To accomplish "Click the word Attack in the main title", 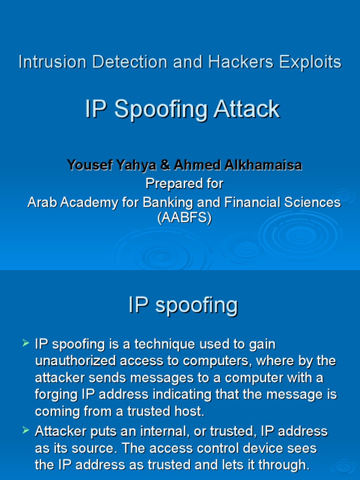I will click(x=247, y=110).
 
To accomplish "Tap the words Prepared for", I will click(x=184, y=184).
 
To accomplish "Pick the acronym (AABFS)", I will click(x=184, y=218).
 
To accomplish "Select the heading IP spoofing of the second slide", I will click(x=183, y=306).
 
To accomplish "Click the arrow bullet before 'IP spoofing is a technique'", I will click(x=26, y=344).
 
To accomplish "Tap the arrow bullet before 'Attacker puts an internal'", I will click(x=26, y=430).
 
